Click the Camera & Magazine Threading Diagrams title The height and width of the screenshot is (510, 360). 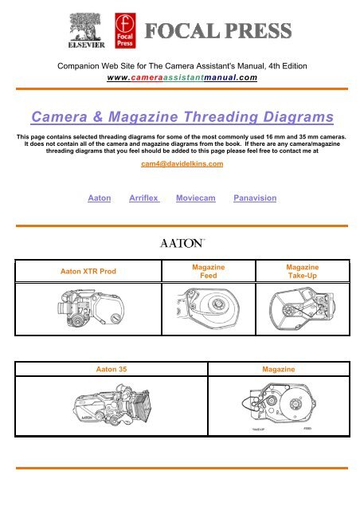coord(179,118)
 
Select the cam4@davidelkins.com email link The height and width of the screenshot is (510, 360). coord(179,164)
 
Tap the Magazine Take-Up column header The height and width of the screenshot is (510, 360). coord(302,272)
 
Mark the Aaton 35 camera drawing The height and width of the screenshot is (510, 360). coord(112,413)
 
